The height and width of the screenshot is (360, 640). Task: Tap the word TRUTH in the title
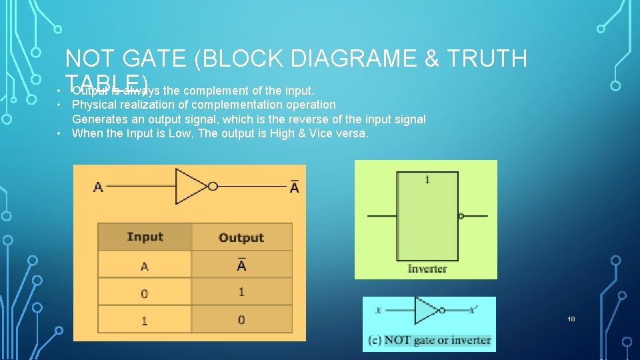pyautogui.click(x=487, y=59)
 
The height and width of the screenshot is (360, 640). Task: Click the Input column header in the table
pyautogui.click(x=145, y=237)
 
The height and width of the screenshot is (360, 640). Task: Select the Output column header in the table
pyautogui.click(x=241, y=237)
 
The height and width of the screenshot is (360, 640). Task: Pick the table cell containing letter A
pyautogui.click(x=145, y=266)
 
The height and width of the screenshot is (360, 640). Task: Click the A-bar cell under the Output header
pyautogui.click(x=241, y=265)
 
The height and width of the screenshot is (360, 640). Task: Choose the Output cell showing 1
pyautogui.click(x=241, y=292)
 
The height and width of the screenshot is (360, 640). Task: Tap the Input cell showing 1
pyautogui.click(x=145, y=321)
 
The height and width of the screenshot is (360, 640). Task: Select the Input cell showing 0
pyautogui.click(x=145, y=293)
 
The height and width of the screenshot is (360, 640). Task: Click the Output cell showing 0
pyautogui.click(x=241, y=320)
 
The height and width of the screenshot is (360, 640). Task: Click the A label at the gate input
pyautogui.click(x=98, y=187)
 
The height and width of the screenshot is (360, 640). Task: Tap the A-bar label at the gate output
pyautogui.click(x=295, y=187)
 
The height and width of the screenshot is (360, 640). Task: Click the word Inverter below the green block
pyautogui.click(x=427, y=269)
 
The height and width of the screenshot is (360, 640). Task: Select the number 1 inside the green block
pyautogui.click(x=427, y=179)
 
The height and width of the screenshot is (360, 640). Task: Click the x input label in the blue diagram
pyautogui.click(x=378, y=310)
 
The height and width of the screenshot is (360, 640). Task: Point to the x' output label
pyautogui.click(x=473, y=310)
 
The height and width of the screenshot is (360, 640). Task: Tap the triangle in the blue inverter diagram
pyautogui.click(x=425, y=311)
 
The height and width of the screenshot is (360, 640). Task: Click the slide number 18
pyautogui.click(x=571, y=319)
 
